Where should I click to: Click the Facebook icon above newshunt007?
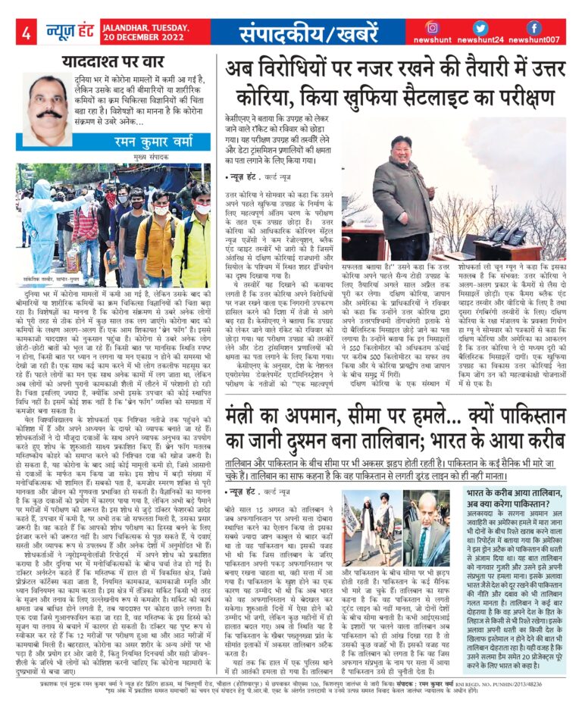click(x=533, y=28)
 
